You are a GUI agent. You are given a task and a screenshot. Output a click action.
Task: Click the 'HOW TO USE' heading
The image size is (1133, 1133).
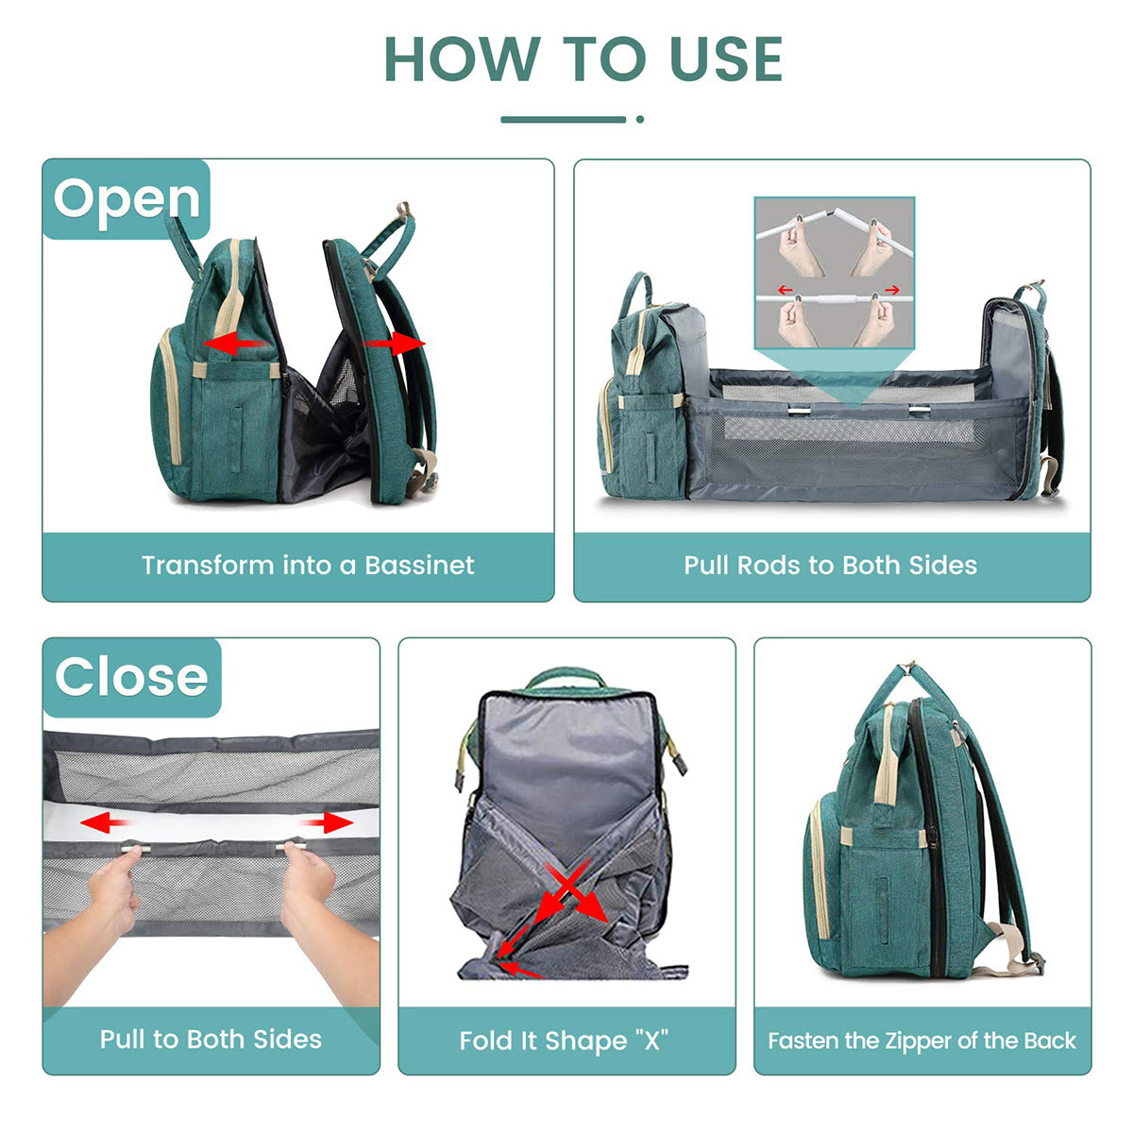click(x=583, y=59)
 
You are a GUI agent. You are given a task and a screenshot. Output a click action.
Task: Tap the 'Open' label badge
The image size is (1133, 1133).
click(x=127, y=199)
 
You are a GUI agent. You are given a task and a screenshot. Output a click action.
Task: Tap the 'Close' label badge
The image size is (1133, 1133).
click(x=131, y=677)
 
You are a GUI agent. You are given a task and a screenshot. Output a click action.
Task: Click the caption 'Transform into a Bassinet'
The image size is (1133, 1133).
click(x=308, y=566)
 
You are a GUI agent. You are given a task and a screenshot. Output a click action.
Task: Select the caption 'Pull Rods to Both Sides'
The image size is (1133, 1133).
click(x=831, y=566)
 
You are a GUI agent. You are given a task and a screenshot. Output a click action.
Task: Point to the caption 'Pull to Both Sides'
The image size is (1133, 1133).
click(x=211, y=1040)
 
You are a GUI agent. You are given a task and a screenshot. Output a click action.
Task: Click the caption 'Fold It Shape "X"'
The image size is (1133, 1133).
click(x=565, y=1040)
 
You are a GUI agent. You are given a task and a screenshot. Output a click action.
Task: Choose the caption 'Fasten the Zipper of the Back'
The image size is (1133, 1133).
click(x=922, y=1040)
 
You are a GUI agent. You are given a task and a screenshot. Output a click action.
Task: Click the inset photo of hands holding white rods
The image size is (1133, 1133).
click(x=835, y=274)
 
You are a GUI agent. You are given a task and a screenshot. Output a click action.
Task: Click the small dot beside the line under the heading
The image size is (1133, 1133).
click(x=640, y=119)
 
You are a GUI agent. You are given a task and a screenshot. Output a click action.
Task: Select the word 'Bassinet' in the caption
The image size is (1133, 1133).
click(x=419, y=566)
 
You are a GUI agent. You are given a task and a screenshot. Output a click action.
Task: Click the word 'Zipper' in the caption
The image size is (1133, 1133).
click(x=920, y=1040)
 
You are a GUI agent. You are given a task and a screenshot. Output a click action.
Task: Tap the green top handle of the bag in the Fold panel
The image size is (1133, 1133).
click(x=565, y=677)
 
